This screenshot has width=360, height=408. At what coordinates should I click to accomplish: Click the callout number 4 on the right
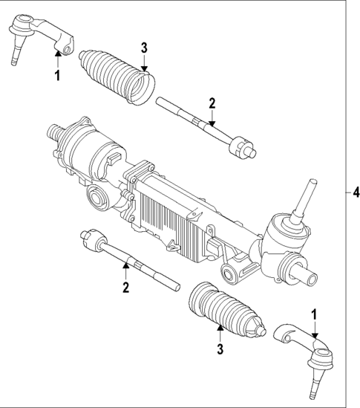pos(354,192)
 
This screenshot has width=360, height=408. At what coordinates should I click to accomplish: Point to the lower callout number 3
pos(219,348)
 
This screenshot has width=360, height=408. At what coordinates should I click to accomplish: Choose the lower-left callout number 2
pos(126,285)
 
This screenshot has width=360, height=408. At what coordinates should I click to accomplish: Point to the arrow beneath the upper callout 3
pos(145,65)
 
